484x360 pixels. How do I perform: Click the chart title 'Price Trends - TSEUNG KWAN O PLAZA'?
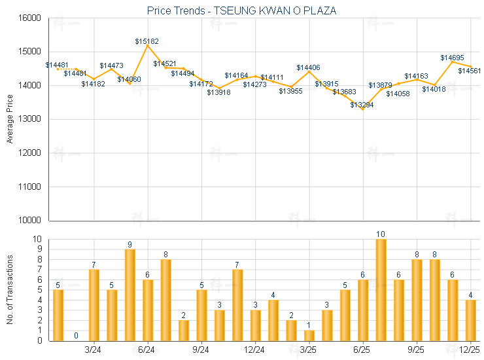click(242, 10)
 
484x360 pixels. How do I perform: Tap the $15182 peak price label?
click(147, 41)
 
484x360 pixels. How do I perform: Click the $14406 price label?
click(308, 67)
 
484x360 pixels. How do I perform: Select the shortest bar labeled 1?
click(309, 335)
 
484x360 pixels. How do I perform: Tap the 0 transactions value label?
click(76, 336)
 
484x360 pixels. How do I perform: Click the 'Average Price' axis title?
click(9, 119)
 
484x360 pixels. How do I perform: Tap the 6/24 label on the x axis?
click(147, 349)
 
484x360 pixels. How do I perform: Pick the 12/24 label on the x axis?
click(254, 349)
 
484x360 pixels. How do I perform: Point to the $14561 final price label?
click(470, 71)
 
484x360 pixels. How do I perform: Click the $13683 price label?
click(344, 92)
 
